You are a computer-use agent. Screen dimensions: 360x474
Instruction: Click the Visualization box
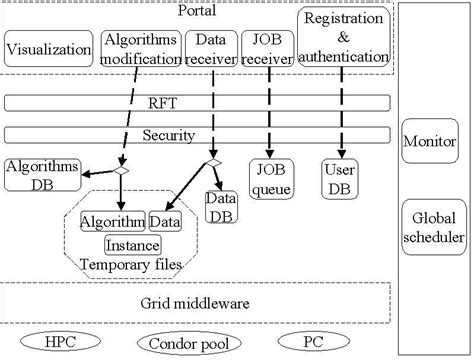[x=48, y=47]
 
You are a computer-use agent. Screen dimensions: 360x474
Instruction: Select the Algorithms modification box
[x=139, y=47]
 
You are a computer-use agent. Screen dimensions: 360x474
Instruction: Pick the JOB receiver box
[x=267, y=47]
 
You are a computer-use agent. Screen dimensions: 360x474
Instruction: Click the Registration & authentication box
[x=343, y=38]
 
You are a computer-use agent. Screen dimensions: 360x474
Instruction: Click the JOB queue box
[x=270, y=176]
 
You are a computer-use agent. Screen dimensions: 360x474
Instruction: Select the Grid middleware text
[x=196, y=300]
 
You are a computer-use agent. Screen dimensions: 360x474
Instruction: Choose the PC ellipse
[x=313, y=340]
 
